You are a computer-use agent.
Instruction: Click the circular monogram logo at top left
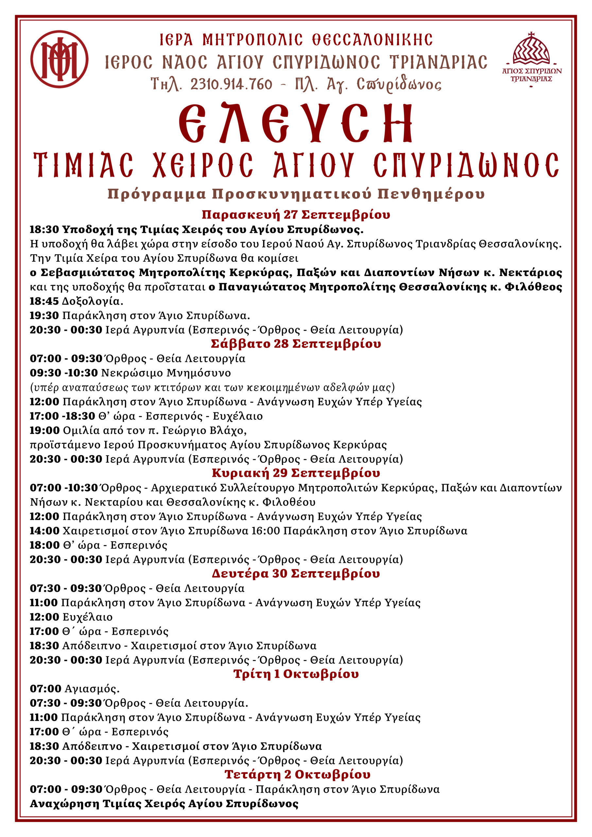59,59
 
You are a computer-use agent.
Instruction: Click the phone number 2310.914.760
231,85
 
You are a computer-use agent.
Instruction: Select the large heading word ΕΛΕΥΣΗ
296,123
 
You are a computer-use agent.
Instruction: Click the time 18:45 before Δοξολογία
44,301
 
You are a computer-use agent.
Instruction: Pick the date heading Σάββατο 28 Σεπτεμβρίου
296,344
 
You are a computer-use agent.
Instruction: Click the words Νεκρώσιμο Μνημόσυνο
166,373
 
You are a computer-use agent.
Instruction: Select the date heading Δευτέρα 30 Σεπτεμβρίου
296,574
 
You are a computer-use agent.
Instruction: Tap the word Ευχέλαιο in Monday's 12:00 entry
88,617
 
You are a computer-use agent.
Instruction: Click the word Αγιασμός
92,689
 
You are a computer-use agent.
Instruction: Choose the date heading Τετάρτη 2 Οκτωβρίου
297,775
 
